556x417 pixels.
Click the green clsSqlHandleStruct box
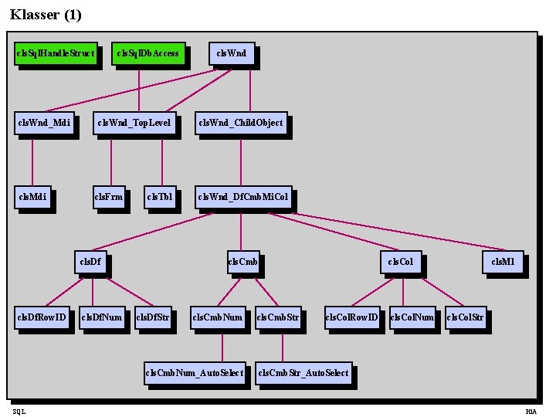(56, 53)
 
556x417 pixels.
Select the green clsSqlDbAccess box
(148, 53)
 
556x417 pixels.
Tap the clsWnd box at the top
(232, 53)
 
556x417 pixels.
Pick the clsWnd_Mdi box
(45, 123)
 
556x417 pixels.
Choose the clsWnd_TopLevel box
(134, 123)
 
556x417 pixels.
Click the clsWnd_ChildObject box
(241, 123)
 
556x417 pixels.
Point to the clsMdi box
(32, 197)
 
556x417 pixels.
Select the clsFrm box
(109, 197)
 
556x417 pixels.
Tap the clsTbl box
(160, 197)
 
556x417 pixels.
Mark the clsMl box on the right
(503, 262)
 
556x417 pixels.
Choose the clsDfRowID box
(42, 317)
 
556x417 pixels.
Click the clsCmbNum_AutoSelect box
(195, 373)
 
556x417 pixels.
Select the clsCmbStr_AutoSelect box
(303, 373)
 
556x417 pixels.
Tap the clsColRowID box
(352, 317)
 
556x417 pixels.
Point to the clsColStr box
(466, 317)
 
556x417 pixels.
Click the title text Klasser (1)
(46, 15)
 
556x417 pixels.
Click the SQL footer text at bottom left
(19, 412)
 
